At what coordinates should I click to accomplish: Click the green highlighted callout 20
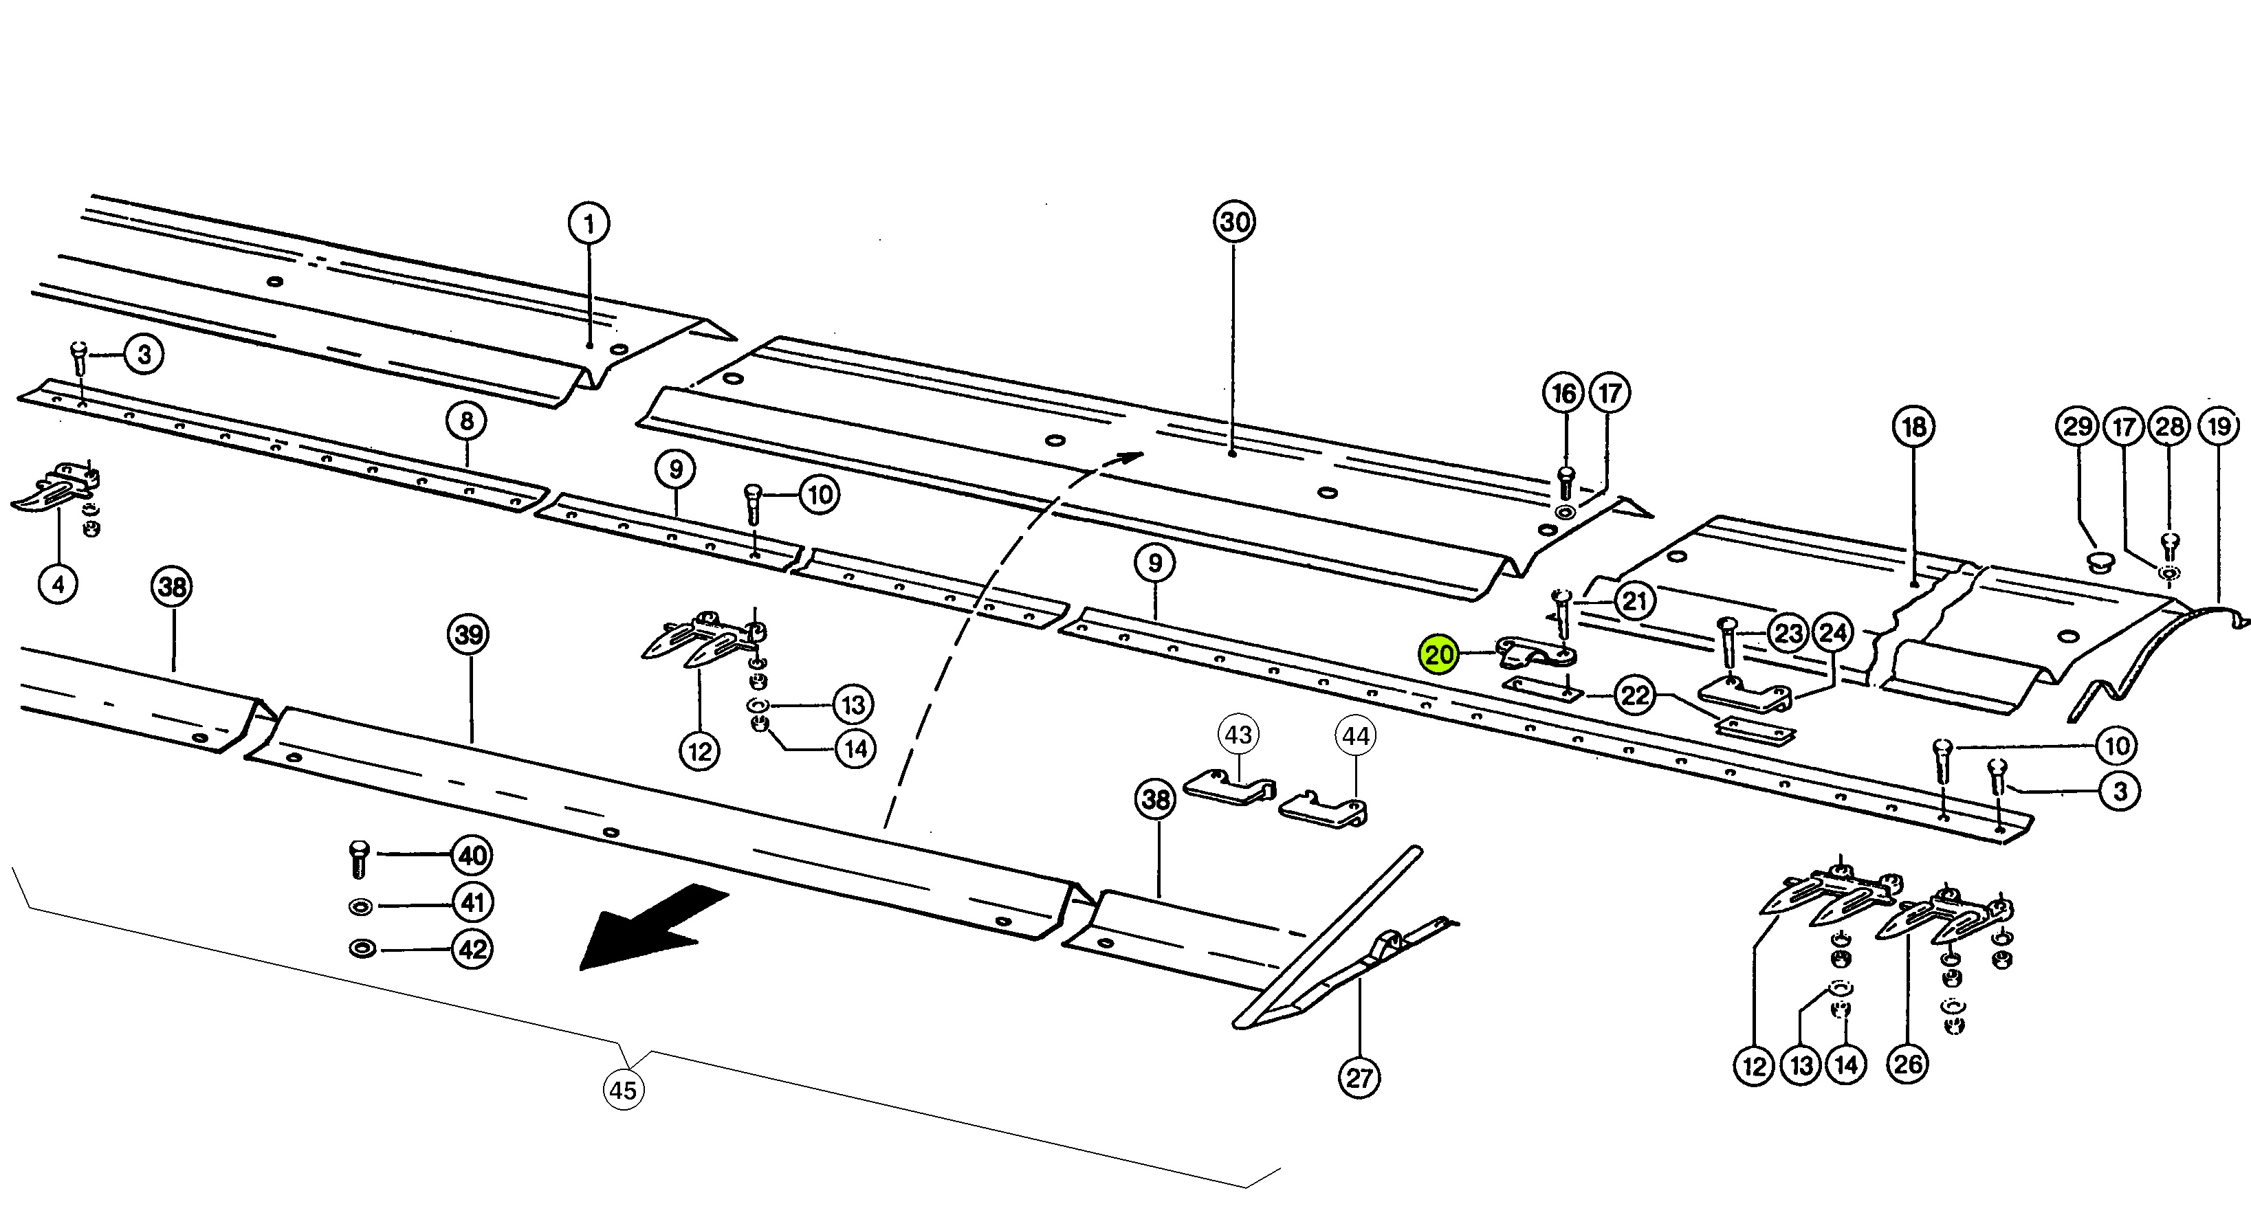1438,654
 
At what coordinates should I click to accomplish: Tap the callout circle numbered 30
1234,222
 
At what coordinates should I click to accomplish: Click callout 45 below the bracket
623,1090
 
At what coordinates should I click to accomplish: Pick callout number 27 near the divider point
1359,1078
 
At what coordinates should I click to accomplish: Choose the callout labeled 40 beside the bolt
472,855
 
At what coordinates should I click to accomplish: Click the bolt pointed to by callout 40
359,858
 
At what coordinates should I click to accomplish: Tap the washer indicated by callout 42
359,948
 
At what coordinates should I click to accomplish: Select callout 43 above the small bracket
1238,735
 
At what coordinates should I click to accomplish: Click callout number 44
1355,736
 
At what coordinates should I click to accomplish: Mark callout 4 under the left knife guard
58,583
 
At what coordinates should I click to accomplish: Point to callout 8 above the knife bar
467,422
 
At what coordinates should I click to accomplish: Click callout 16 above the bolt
1563,393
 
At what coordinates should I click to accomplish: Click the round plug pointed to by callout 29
2100,561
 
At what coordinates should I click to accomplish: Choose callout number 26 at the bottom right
1908,1064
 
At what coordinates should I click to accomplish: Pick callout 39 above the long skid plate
470,634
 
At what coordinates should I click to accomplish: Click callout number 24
1833,633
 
